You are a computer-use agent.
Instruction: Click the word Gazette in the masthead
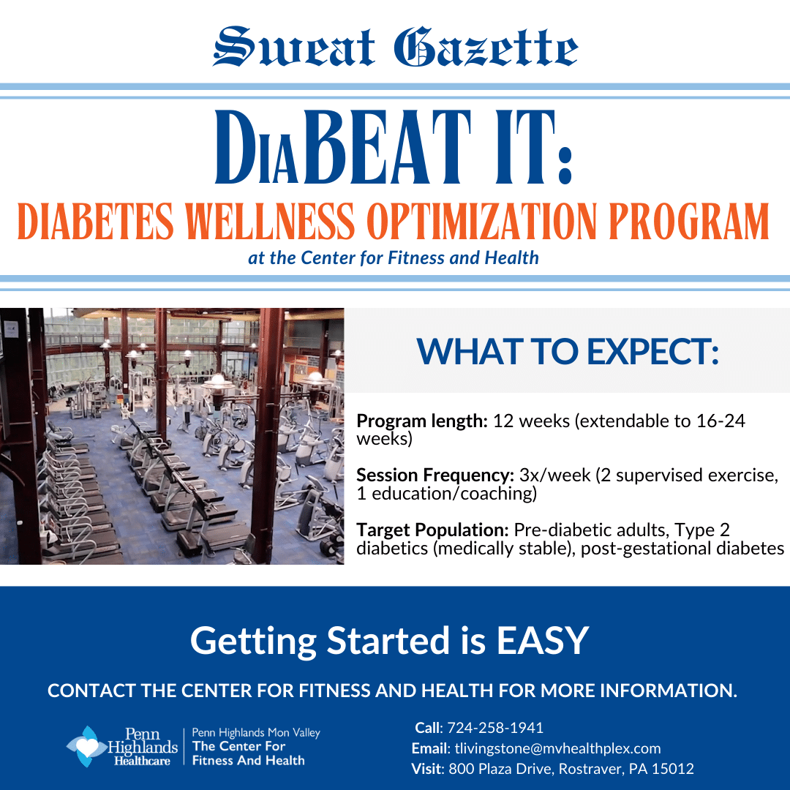coord(486,47)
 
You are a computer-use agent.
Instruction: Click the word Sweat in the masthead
coord(294,47)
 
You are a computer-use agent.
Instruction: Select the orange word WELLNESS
coord(269,222)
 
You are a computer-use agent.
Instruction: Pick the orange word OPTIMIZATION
coord(481,222)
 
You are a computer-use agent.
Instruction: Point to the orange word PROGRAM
coord(689,222)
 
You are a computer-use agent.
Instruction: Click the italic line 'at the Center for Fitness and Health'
coord(394,258)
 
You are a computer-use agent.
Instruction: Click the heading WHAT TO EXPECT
coord(568,351)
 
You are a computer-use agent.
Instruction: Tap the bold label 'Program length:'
coord(422,421)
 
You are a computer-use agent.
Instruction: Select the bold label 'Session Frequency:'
coord(434,475)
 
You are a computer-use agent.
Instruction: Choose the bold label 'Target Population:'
coord(432,530)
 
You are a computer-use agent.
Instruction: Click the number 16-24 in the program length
coord(721,421)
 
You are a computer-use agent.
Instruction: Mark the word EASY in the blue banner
coord(543,640)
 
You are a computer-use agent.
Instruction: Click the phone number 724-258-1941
coord(495,728)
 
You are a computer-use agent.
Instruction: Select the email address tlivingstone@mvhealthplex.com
coord(557,748)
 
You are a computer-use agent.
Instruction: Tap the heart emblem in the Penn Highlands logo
coord(86,747)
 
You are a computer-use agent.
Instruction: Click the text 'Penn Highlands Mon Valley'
coord(256,732)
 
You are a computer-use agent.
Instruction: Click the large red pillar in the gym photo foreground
coord(268,435)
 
